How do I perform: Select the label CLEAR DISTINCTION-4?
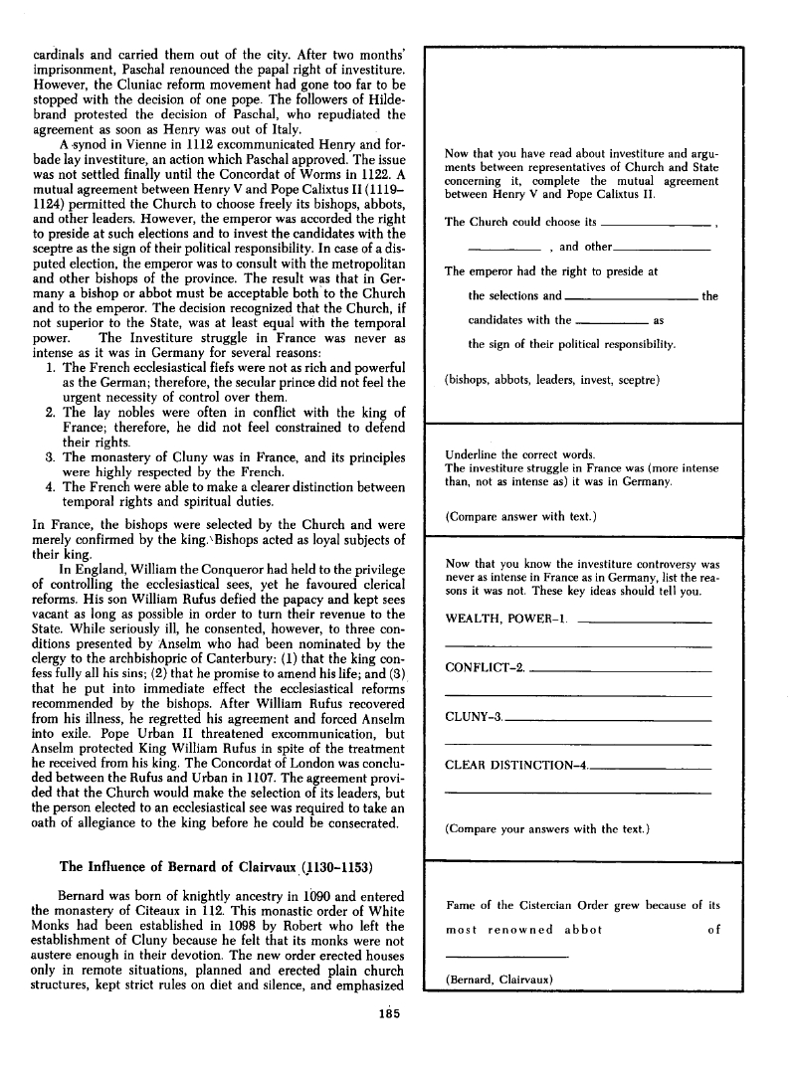point(516,765)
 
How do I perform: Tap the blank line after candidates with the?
point(612,322)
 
